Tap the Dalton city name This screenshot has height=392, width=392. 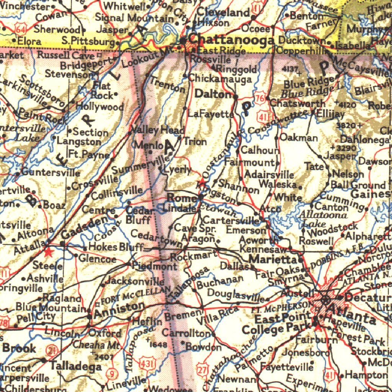(x=213, y=94)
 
